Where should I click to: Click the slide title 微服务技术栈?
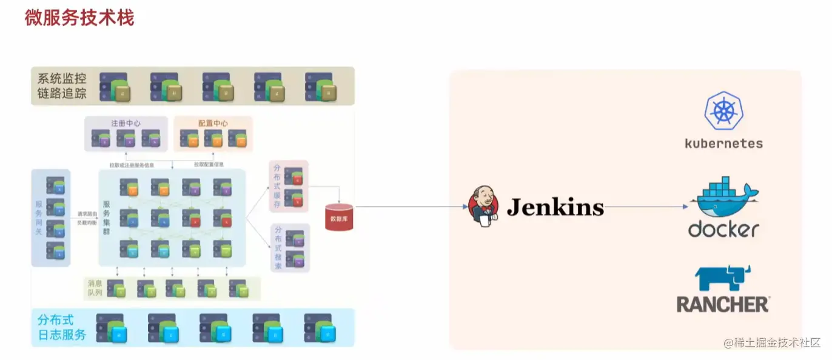click(x=79, y=18)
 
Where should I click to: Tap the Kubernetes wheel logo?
click(x=723, y=111)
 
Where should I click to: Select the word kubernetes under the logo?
click(x=723, y=144)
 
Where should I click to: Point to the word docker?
click(x=723, y=229)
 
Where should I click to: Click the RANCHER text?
click(x=723, y=304)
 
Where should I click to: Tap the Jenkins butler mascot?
click(x=484, y=207)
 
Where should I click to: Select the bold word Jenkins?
click(x=555, y=207)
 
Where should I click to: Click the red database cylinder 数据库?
click(x=339, y=216)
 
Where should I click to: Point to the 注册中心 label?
click(x=126, y=123)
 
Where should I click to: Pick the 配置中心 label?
click(x=213, y=123)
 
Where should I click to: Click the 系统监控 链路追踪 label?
click(x=62, y=85)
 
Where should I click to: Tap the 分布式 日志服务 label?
click(x=62, y=327)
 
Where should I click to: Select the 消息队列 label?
click(x=95, y=288)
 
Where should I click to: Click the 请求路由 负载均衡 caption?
click(x=85, y=218)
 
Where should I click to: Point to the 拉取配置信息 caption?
click(x=209, y=164)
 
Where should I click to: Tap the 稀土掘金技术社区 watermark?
click(x=771, y=342)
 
